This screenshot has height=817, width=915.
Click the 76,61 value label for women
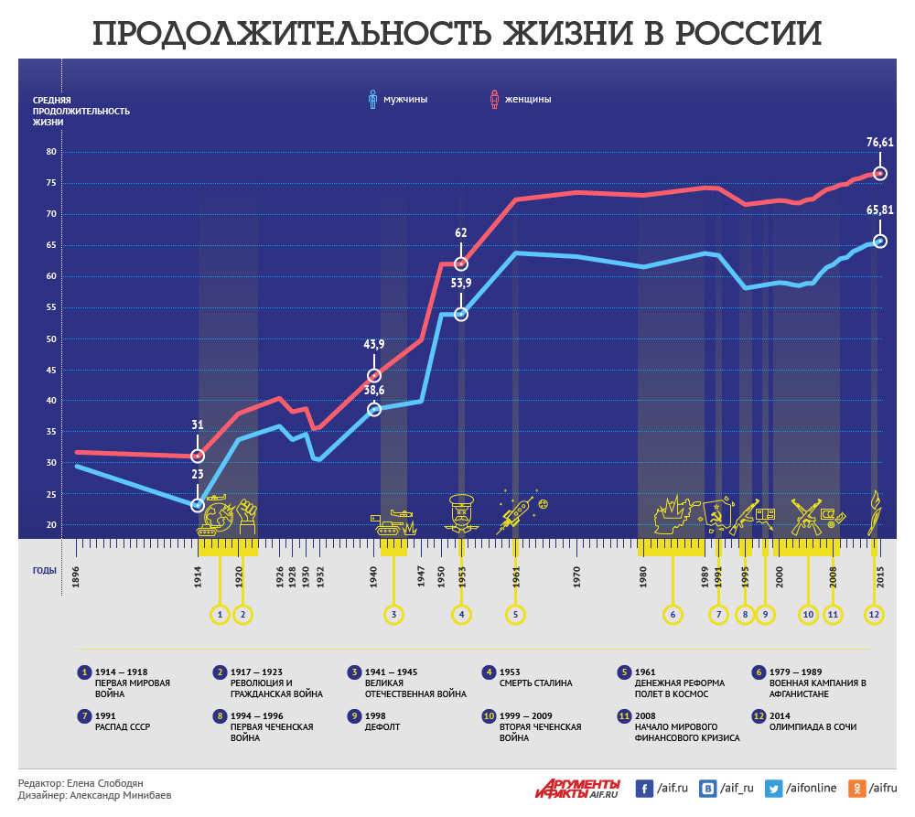[x=879, y=142]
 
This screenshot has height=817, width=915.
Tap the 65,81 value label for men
[x=879, y=210]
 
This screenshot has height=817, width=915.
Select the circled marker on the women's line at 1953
[x=461, y=264]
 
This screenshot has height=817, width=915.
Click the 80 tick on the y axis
[x=50, y=152]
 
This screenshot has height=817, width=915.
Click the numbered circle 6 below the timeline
[x=673, y=614]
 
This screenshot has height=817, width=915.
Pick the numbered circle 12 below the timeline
[x=875, y=614]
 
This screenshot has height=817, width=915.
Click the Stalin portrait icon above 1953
[x=460, y=513]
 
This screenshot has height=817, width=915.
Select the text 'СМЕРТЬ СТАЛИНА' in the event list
[x=535, y=683]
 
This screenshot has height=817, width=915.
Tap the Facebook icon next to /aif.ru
[x=644, y=789]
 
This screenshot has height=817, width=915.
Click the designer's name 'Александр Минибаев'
[x=120, y=796]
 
